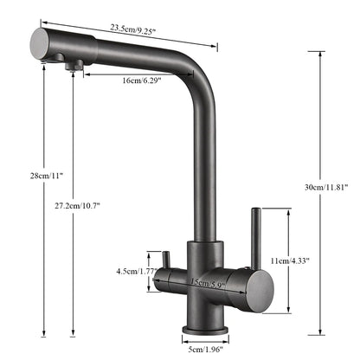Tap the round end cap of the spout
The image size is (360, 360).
[x=41, y=41]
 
